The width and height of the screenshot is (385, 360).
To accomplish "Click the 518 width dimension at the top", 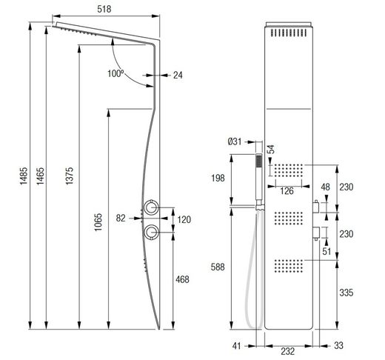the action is (104, 9).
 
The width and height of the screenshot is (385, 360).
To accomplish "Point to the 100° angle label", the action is (115, 73).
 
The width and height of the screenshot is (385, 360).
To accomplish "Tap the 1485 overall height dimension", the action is (24, 176).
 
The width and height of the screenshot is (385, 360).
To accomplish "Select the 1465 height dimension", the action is (40, 176).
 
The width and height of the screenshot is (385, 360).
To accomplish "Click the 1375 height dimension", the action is (70, 176).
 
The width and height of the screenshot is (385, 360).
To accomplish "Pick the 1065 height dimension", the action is (98, 222).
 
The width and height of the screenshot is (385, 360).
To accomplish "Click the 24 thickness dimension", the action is (178, 75).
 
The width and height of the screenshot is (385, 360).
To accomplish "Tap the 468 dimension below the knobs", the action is (182, 279).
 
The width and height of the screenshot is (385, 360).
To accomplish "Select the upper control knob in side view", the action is (151, 207).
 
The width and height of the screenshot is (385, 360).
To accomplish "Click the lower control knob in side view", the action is (151, 232).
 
